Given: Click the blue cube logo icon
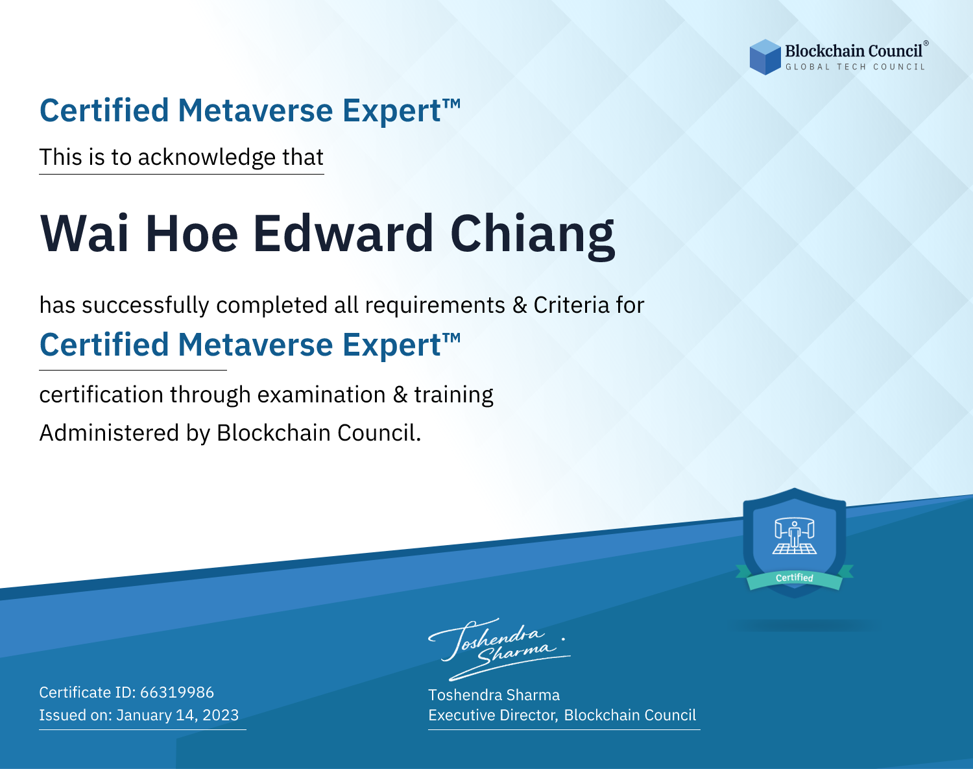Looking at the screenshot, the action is tap(765, 57).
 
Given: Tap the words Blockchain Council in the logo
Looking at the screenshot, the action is tap(854, 51).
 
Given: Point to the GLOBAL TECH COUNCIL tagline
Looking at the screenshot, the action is tap(855, 67).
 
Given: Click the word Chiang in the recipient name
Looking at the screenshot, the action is tap(533, 235).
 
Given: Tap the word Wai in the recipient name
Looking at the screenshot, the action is tap(84, 234).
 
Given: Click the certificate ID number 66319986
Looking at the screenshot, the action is tap(177, 692).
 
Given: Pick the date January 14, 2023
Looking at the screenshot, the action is tap(177, 714).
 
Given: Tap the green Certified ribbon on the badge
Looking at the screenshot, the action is tap(795, 578).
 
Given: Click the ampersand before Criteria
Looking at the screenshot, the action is tap(520, 306).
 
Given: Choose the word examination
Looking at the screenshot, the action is tap(321, 395).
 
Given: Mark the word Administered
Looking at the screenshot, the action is tap(109, 433).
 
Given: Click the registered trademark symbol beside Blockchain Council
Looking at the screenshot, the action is tap(926, 43).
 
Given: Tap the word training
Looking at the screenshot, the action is tap(453, 395).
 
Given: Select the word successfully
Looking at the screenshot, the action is tap(145, 306).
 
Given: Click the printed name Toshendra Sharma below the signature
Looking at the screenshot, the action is tap(494, 695).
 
